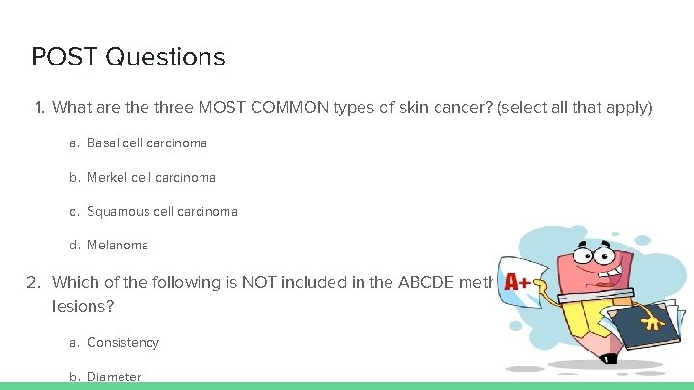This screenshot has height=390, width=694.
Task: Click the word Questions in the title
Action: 165,58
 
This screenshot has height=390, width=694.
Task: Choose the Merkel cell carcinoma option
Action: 150,178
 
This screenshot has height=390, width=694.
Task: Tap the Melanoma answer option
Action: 118,246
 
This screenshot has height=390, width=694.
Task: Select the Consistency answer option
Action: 122,343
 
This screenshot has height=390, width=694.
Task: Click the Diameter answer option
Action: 114,377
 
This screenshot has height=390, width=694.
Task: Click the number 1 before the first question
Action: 39,107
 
